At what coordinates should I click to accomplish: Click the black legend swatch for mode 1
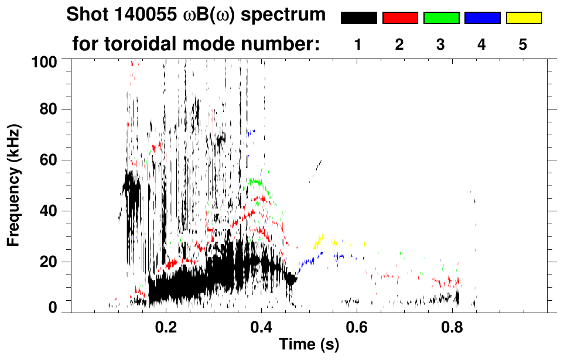[358, 18]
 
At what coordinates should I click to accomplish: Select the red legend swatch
[400, 18]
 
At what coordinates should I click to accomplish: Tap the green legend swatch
[441, 18]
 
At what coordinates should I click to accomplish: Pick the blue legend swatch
[482, 18]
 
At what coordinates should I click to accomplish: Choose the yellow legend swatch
[523, 18]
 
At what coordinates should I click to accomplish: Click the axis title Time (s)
[308, 345]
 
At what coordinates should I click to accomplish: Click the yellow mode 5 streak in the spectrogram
[319, 241]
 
